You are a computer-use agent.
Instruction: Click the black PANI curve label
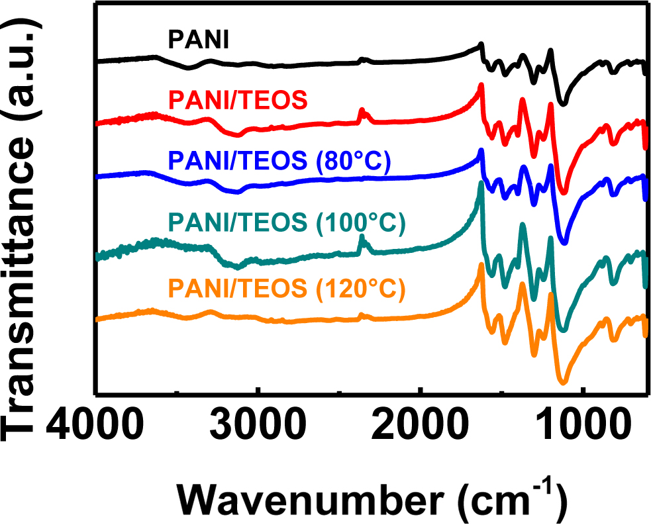tap(198, 42)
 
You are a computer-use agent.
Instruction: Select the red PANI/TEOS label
tap(238, 101)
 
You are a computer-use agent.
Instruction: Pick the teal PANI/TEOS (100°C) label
tap(287, 223)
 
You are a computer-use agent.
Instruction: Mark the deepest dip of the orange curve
tap(564, 382)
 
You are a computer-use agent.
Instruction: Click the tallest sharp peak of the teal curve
tap(481, 185)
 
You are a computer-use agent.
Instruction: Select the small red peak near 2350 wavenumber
tap(362, 110)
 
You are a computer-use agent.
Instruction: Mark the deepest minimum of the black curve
tap(564, 104)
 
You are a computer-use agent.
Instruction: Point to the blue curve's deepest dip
tap(564, 243)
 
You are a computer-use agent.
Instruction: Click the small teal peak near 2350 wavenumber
tap(362, 237)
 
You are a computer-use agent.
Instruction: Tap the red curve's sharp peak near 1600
tap(481, 85)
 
